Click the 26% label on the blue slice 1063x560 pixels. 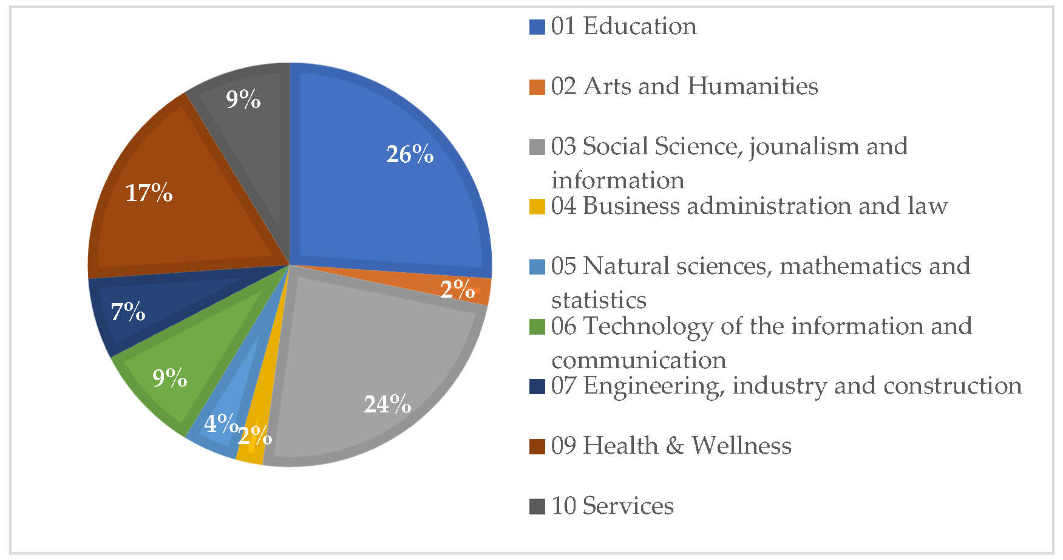pyautogui.click(x=410, y=154)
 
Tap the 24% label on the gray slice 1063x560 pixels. pyautogui.click(x=387, y=404)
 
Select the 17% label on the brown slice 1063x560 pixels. pyautogui.click(x=149, y=193)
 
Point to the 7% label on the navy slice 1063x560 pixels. pyautogui.click(x=128, y=312)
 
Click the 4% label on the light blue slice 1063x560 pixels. pyautogui.click(x=220, y=423)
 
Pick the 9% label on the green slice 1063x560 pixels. pyautogui.click(x=169, y=378)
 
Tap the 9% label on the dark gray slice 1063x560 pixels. pyautogui.click(x=243, y=99)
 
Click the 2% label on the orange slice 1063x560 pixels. pyautogui.click(x=457, y=289)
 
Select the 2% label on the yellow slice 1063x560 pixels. pyautogui.click(x=255, y=435)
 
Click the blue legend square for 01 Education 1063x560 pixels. pyautogui.click(x=537, y=27)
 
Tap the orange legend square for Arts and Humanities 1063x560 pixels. pyautogui.click(x=537, y=87)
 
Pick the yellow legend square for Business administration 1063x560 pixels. pyautogui.click(x=537, y=207)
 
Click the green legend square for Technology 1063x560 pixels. pyautogui.click(x=537, y=327)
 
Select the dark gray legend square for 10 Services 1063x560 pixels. pyautogui.click(x=537, y=507)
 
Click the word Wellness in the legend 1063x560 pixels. pyautogui.click(x=741, y=446)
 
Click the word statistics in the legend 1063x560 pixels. pyautogui.click(x=599, y=300)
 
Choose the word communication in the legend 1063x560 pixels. pyautogui.click(x=639, y=360)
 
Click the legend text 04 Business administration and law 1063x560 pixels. pyautogui.click(x=749, y=207)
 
